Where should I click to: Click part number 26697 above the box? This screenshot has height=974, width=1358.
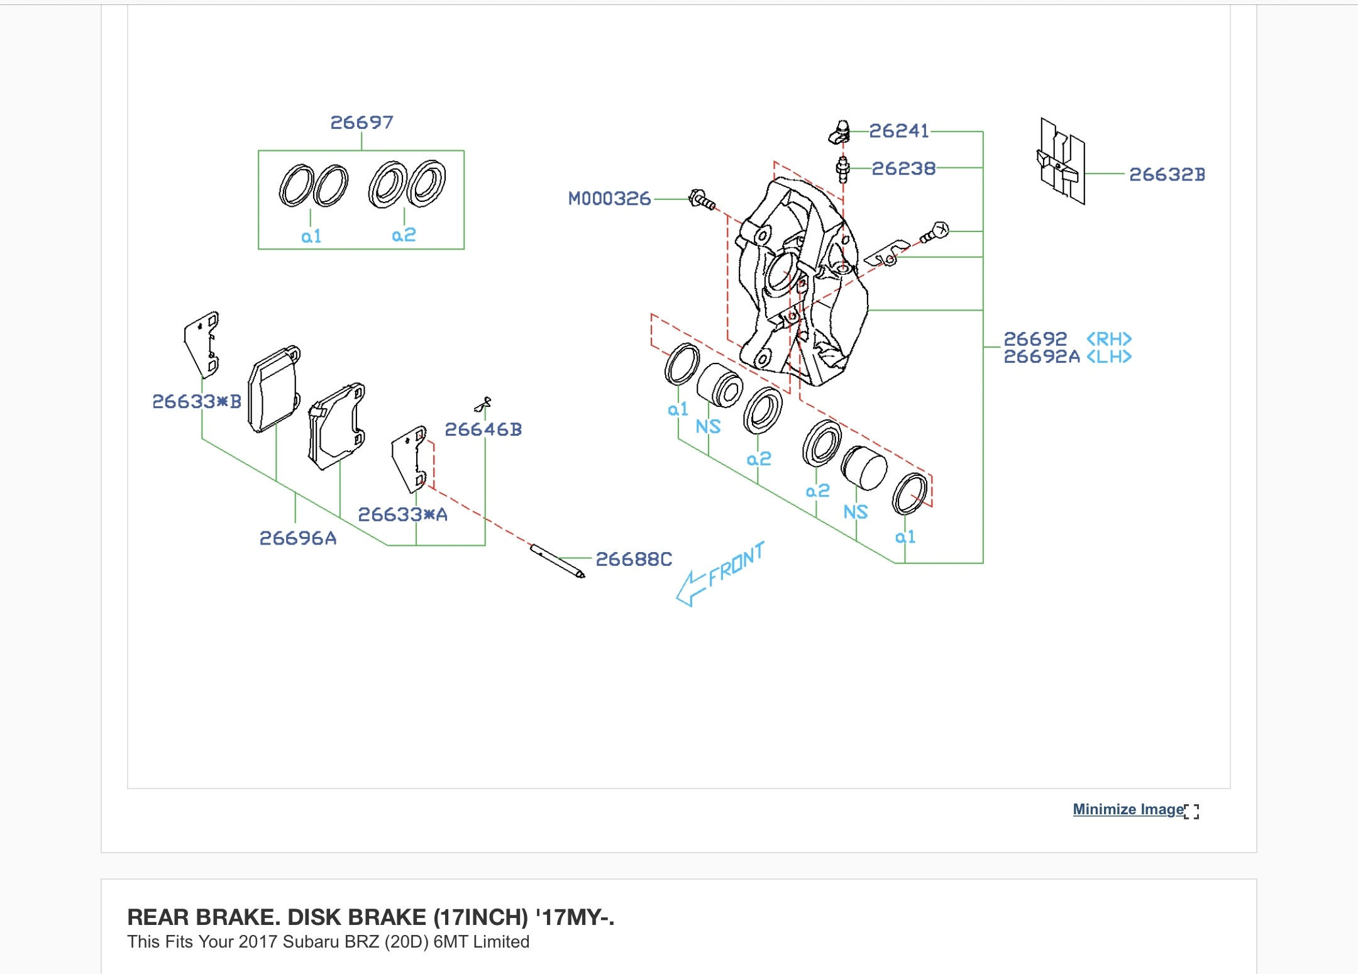point(362,123)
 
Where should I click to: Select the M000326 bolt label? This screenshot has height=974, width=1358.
point(609,199)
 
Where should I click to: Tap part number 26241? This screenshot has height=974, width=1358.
point(898,131)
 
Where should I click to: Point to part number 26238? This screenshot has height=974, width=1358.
point(903,169)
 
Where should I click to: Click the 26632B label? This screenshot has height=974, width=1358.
point(1166,174)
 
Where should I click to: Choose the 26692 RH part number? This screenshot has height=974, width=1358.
point(1035,339)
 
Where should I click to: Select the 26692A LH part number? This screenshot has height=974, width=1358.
point(1041,357)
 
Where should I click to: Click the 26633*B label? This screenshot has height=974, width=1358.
point(196,401)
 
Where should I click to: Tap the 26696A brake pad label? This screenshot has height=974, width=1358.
point(297,538)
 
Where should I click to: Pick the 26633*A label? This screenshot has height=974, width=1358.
point(402,514)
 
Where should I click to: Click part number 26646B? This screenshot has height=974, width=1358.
point(483,429)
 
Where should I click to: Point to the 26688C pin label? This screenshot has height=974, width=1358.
point(633,559)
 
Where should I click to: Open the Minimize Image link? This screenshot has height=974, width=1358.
point(1128,809)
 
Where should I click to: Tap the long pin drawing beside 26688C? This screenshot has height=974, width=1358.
point(557,561)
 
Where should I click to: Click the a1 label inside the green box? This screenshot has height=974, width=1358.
point(311,236)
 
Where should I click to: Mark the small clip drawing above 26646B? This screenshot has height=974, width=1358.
point(483,404)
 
